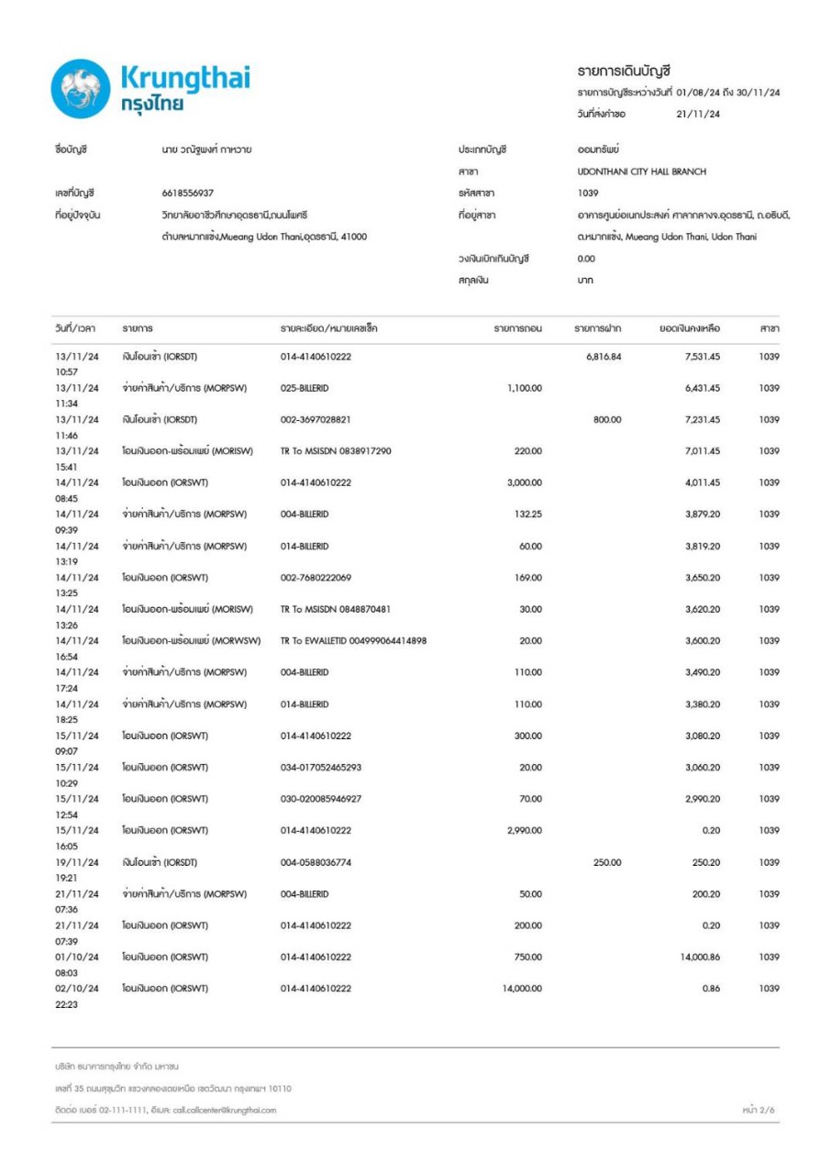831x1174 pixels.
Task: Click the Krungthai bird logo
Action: [82, 89]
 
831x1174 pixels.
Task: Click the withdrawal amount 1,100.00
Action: [524, 388]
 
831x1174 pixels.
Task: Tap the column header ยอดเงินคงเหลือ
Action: [690, 327]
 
